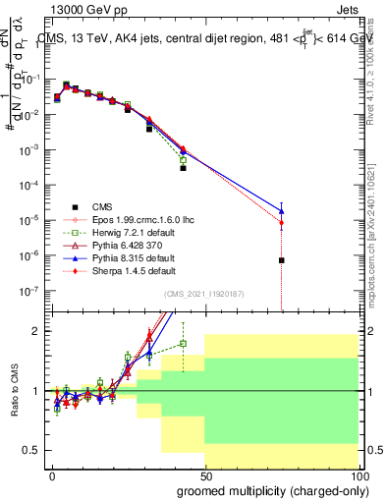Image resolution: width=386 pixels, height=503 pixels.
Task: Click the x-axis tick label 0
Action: (51, 474)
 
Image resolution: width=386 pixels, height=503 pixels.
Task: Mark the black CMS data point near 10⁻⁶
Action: (282, 260)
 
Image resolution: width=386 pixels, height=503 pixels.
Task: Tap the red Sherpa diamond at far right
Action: (282, 223)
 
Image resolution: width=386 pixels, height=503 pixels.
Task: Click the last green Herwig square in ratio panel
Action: (184, 344)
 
